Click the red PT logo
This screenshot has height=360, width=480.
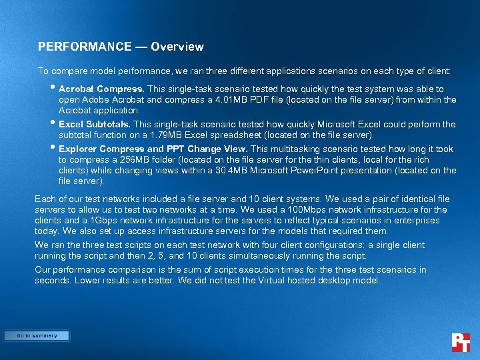pyautogui.click(x=461, y=342)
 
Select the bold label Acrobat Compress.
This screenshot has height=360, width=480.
pyautogui.click(x=101, y=89)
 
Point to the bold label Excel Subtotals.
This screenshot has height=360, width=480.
pyautogui.click(x=95, y=124)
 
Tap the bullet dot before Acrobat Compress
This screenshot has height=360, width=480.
pyautogui.click(x=53, y=87)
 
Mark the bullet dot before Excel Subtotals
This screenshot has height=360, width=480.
pyautogui.click(x=53, y=123)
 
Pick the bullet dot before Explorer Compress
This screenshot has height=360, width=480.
pyautogui.click(x=53, y=147)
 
